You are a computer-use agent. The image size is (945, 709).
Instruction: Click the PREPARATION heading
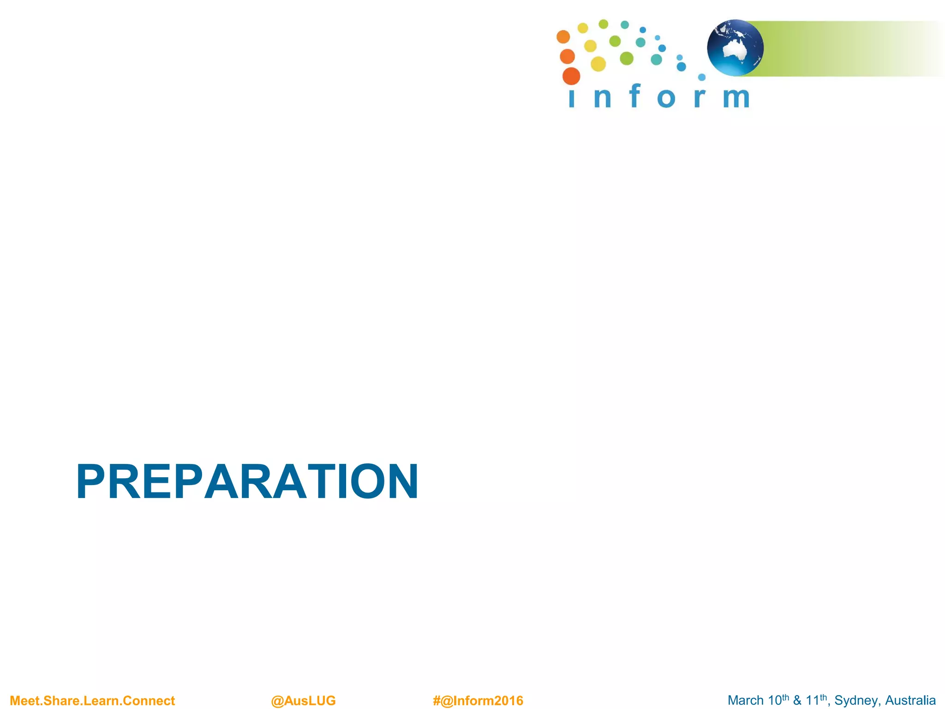pyautogui.click(x=247, y=481)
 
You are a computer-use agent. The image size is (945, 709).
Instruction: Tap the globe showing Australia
pyautogui.click(x=735, y=48)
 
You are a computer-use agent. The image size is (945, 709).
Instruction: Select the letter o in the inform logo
pyautogui.click(x=666, y=98)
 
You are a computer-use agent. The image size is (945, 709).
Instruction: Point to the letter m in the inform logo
pyautogui.click(x=736, y=98)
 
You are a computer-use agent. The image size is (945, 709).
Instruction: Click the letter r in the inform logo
pyautogui.click(x=700, y=98)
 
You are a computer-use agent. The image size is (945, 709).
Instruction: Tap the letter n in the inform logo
pyautogui.click(x=603, y=98)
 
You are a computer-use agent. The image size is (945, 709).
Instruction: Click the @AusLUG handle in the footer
pyautogui.click(x=303, y=701)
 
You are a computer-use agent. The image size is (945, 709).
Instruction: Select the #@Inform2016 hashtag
pyautogui.click(x=478, y=701)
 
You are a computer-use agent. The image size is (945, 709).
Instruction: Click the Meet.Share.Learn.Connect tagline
pyautogui.click(x=92, y=701)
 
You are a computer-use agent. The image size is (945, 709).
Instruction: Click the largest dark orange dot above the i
pyautogui.click(x=571, y=76)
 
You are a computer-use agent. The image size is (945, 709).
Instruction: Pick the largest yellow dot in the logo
pyautogui.click(x=598, y=64)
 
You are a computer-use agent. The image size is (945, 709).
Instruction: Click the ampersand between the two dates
pyautogui.click(x=797, y=701)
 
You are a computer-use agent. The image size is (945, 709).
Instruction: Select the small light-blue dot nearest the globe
pyautogui.click(x=702, y=77)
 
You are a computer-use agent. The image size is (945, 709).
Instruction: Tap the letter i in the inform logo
pyautogui.click(x=572, y=99)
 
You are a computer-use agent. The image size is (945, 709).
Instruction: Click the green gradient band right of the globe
pyautogui.click(x=840, y=48)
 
